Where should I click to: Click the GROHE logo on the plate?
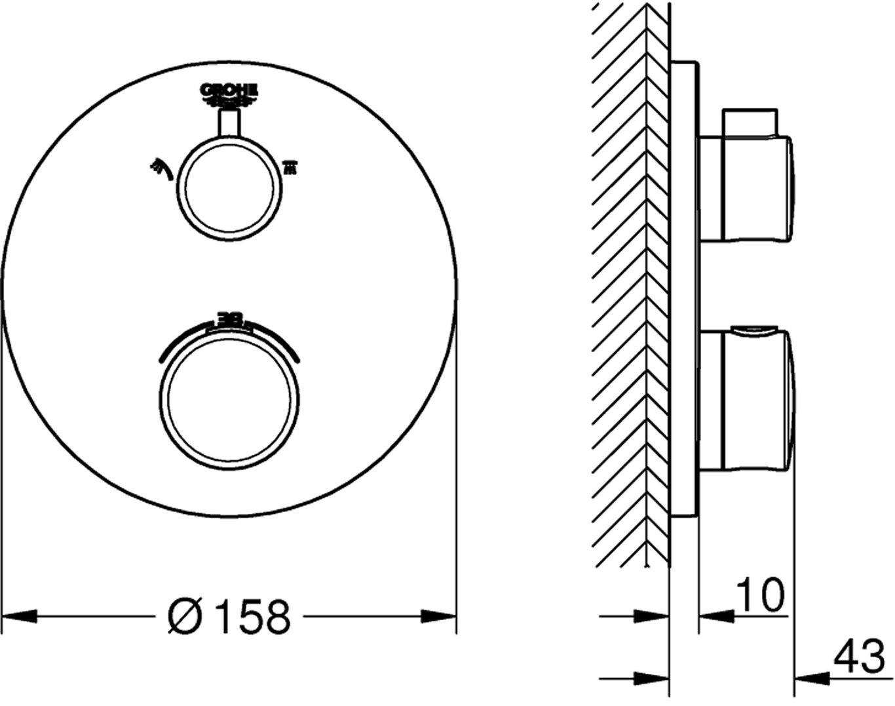pos(229,94)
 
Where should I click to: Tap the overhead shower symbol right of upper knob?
pos(290,168)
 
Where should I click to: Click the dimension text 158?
pos(254,617)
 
